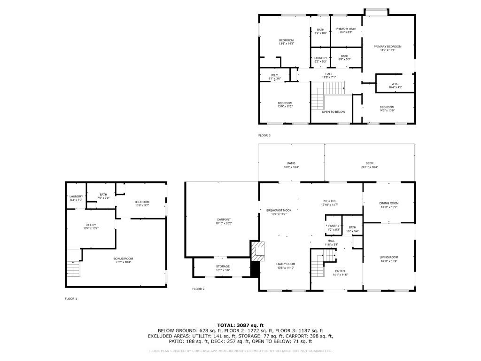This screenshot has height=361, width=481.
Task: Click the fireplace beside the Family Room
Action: click(257, 251)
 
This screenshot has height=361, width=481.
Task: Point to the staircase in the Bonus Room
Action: click(73, 268)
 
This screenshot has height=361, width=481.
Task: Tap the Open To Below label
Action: click(334, 112)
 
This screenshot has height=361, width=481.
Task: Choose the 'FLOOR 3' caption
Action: click(264, 135)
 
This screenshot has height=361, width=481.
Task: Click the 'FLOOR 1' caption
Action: click(71, 298)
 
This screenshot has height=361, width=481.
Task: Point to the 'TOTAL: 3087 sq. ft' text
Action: click(240, 325)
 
